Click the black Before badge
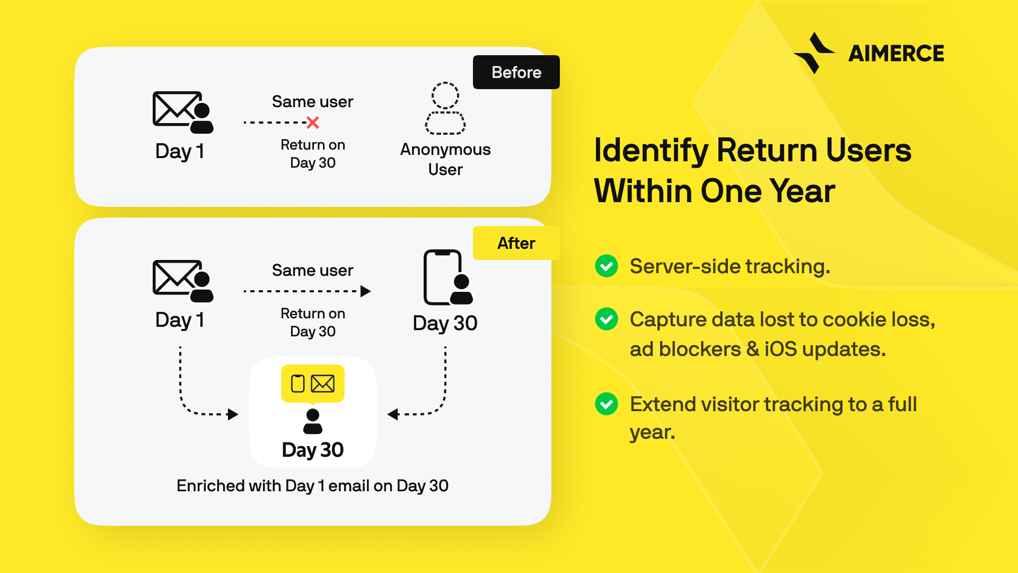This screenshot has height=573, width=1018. (x=516, y=72)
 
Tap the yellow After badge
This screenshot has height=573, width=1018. (x=516, y=243)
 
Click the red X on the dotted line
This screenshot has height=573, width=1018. (x=313, y=123)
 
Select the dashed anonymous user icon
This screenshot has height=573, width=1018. (x=445, y=108)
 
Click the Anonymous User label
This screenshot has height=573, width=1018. (x=445, y=159)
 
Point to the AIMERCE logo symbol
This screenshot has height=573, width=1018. (x=814, y=53)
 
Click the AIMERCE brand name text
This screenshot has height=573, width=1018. (x=896, y=54)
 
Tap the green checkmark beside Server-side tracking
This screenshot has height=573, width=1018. (x=607, y=266)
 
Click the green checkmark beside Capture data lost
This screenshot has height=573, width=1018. (x=607, y=319)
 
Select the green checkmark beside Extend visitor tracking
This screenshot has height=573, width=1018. (x=607, y=404)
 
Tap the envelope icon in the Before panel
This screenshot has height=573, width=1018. (x=183, y=112)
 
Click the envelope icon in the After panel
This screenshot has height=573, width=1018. (x=183, y=281)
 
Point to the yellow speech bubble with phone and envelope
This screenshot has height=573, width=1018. (x=313, y=384)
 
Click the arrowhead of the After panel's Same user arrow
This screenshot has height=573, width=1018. (x=366, y=291)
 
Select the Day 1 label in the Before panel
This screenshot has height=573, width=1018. (x=180, y=151)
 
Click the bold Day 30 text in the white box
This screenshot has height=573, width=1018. (x=313, y=450)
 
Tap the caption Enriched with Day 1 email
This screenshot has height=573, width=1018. (x=313, y=486)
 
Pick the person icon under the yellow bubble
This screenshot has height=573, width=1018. (x=313, y=421)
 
